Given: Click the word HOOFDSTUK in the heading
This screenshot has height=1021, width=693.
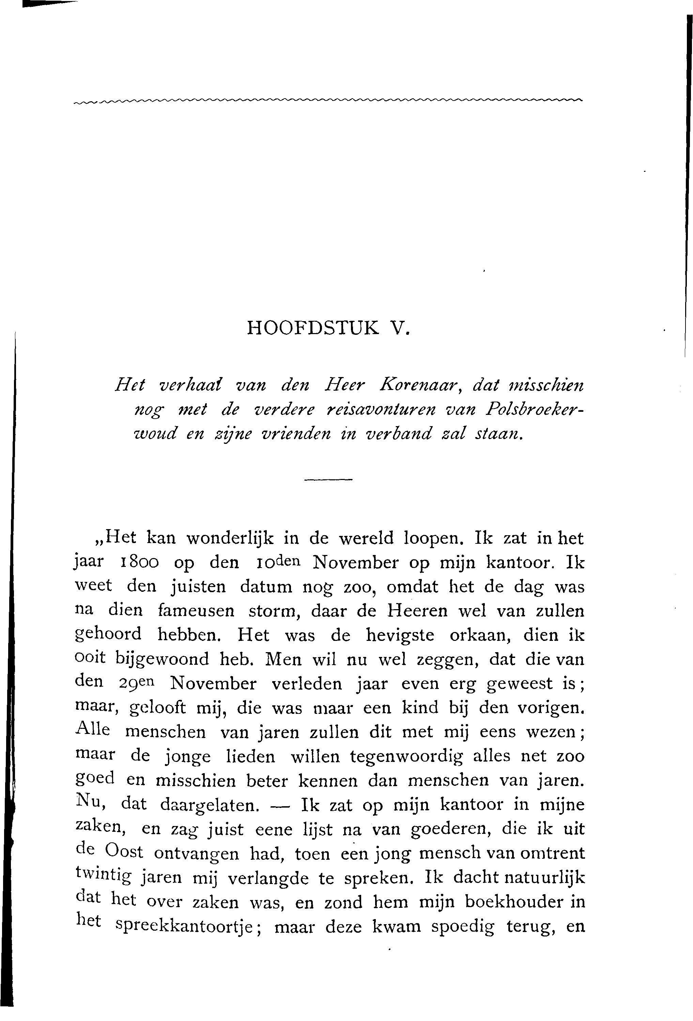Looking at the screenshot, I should [313, 328].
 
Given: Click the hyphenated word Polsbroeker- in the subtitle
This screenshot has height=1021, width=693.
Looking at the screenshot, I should [535, 409].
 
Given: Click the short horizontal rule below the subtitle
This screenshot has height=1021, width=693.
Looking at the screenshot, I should [328, 479].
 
